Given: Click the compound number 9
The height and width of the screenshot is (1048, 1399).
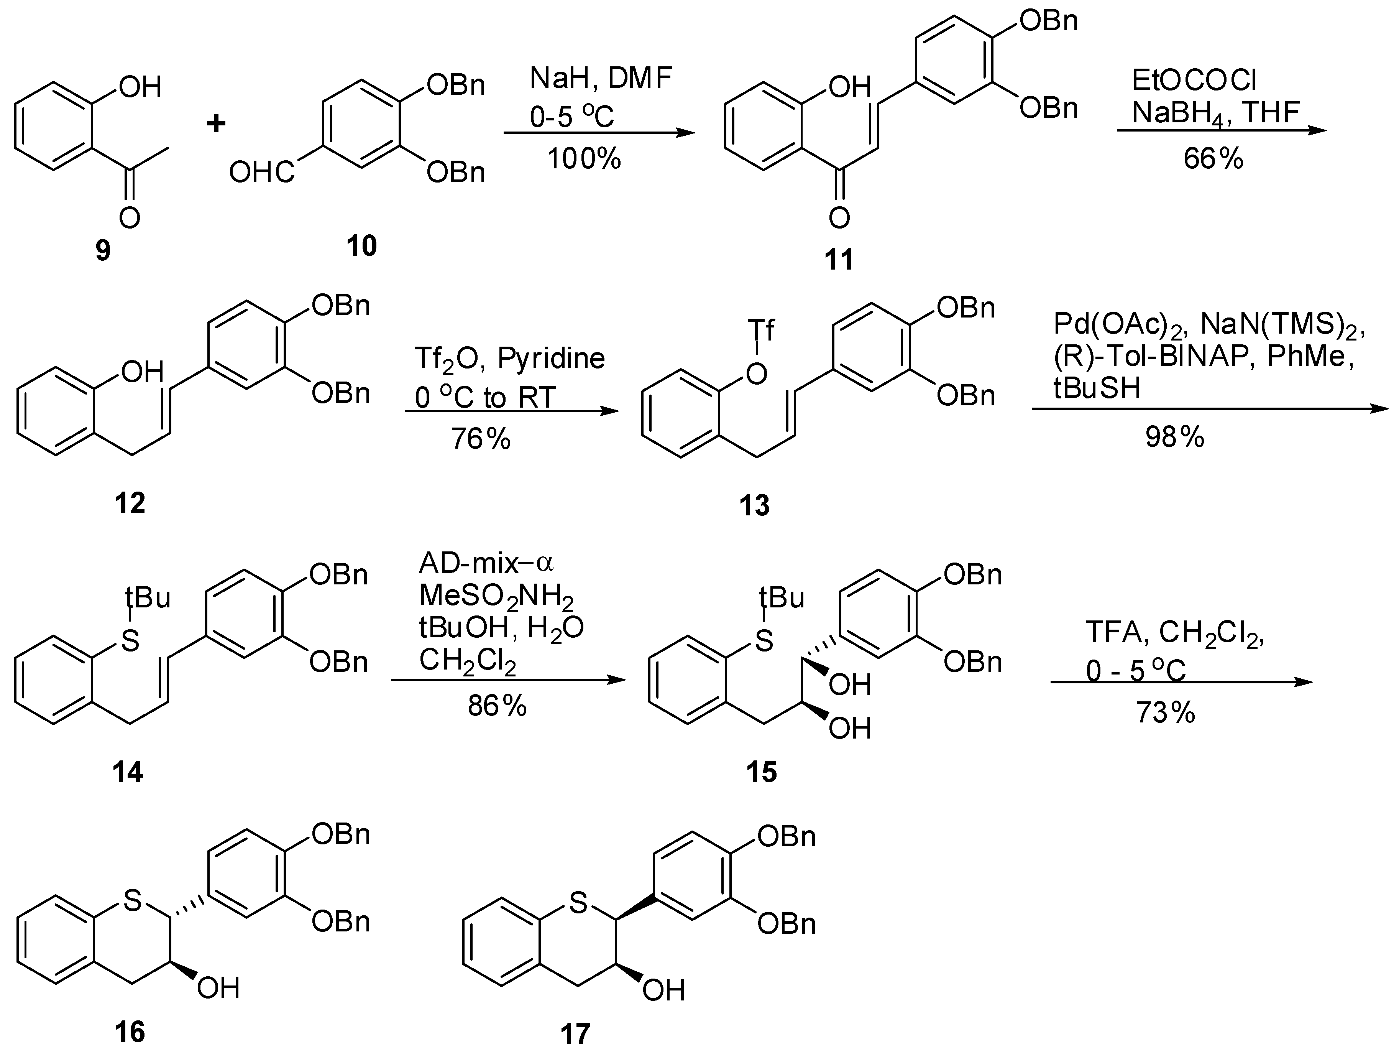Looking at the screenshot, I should click(x=102, y=251).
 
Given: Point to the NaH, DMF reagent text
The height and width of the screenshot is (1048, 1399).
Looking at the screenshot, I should click(x=601, y=79).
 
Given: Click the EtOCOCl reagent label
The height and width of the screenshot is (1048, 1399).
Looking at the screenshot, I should click(x=1194, y=81).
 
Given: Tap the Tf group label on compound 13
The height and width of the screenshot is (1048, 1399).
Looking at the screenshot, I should click(x=761, y=330).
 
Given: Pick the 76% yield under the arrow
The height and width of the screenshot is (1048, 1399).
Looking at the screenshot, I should click(x=481, y=438).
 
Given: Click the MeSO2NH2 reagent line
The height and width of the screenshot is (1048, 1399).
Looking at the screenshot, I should click(x=496, y=596).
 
